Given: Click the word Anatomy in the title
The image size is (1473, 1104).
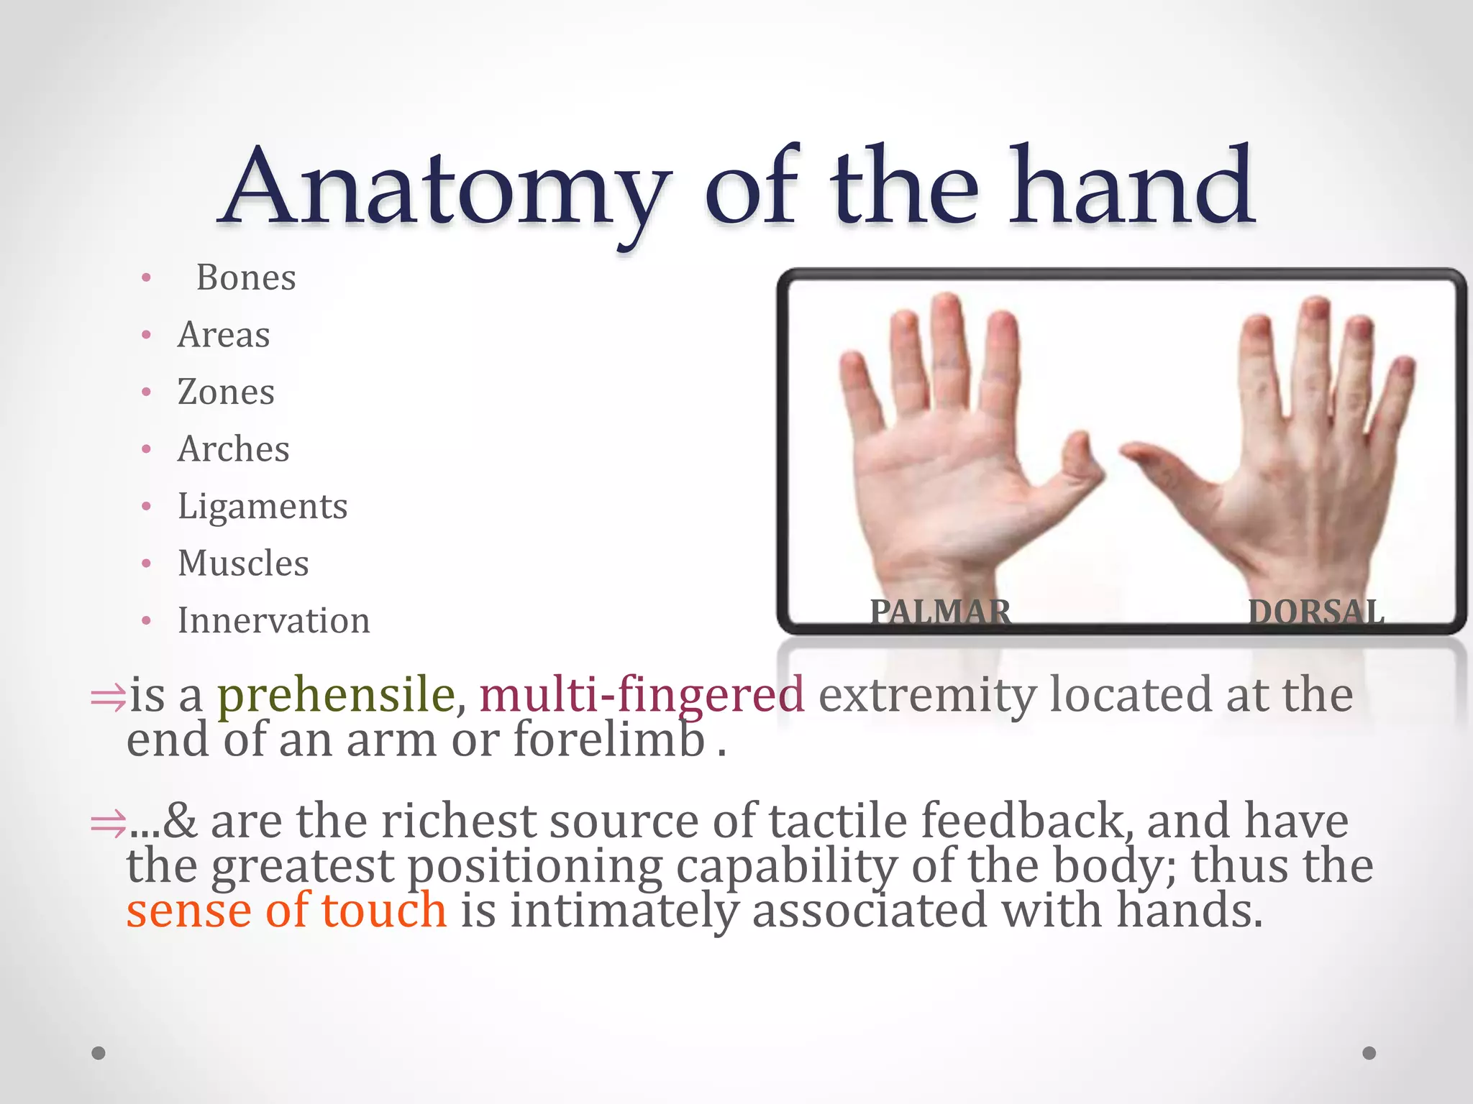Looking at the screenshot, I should click(446, 188).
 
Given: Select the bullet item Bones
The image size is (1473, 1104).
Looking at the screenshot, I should click(246, 277).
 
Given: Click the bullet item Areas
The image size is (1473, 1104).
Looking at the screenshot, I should click(224, 335).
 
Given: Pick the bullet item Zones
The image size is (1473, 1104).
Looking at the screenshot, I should click(226, 392).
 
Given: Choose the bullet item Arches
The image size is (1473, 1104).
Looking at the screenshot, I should click(234, 449).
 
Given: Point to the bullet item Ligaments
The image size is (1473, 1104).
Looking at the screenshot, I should click(263, 506).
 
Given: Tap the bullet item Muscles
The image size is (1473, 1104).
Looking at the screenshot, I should click(243, 563).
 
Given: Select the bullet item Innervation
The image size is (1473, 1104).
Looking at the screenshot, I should click(274, 620).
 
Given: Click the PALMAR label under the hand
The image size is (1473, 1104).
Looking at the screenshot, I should click(940, 612).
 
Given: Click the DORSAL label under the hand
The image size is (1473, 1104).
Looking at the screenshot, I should click(1316, 612).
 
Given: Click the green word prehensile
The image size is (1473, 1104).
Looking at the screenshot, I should click(336, 695).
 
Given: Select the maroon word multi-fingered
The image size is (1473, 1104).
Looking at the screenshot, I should click(642, 695).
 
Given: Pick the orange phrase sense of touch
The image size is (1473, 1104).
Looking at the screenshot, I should click(286, 910).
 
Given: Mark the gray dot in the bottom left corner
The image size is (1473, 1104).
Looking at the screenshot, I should click(99, 1053).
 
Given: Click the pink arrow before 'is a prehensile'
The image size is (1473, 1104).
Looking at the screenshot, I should click(108, 698).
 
